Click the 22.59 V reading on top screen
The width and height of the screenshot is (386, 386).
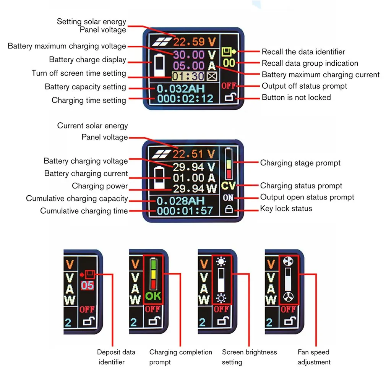(194, 42)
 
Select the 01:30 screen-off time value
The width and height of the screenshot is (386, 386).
(188, 76)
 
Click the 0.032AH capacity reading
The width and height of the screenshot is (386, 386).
(181, 89)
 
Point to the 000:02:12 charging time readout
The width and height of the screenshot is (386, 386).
(185, 99)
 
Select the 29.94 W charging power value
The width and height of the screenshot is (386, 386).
(194, 188)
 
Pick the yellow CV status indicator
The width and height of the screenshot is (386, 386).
(229, 187)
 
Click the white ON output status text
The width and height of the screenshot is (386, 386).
(229, 198)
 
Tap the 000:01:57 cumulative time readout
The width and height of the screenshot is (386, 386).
(185, 211)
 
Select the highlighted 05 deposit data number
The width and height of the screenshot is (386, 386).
(88, 285)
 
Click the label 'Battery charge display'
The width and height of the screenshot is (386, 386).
(88, 60)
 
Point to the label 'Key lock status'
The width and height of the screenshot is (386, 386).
(286, 209)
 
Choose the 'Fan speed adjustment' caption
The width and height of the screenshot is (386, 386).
(314, 357)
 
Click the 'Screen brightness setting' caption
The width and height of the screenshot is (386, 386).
(249, 357)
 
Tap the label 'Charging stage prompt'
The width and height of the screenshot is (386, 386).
(300, 163)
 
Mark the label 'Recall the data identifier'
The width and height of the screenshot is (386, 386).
(303, 52)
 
